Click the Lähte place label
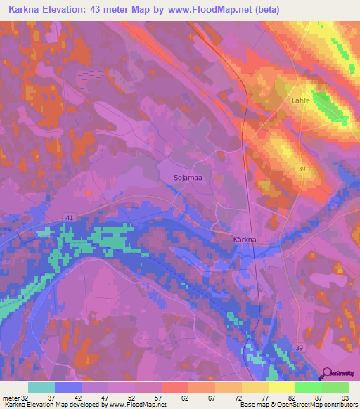[x=301, y=101]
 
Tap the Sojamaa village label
[x=188, y=178]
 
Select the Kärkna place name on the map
[x=245, y=240]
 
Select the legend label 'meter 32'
[x=15, y=397]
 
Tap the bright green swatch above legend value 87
[x=308, y=387]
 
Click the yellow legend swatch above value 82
[x=281, y=387]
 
